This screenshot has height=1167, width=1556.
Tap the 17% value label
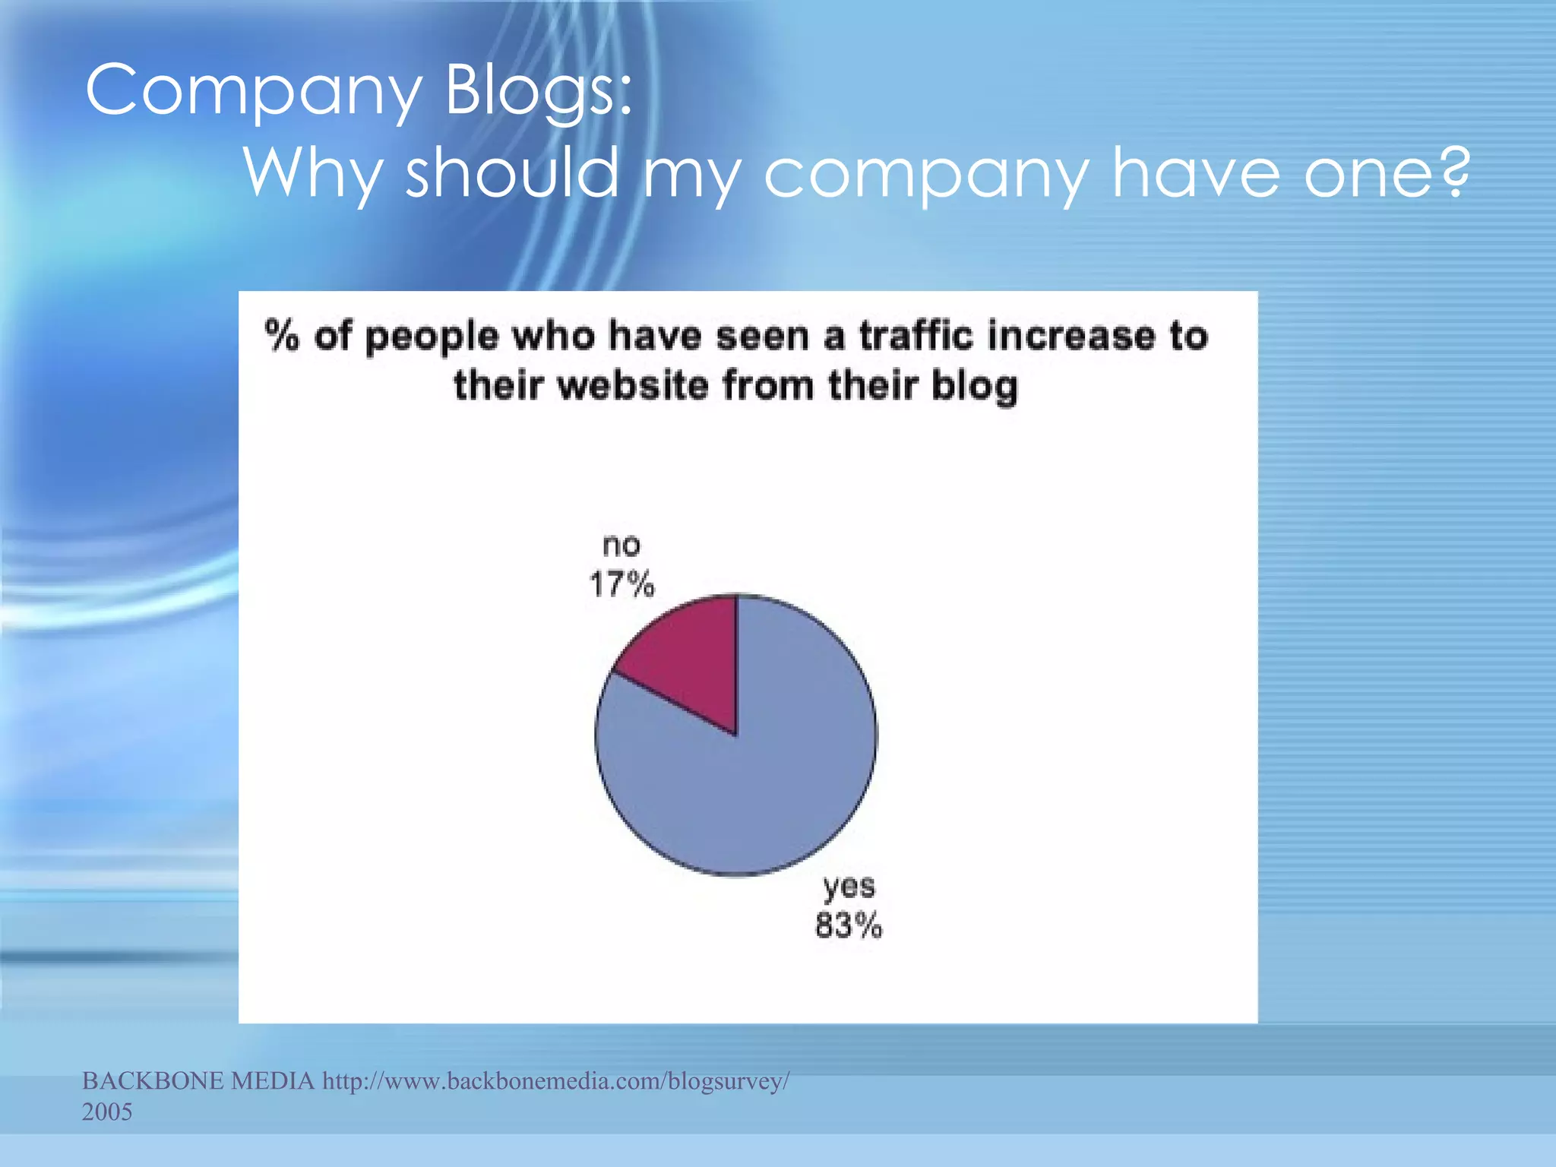click(621, 585)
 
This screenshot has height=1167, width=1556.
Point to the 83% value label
click(849, 926)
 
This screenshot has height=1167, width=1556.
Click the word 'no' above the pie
click(621, 546)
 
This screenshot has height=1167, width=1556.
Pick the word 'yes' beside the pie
click(849, 887)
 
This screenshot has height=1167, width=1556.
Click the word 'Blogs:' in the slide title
click(538, 91)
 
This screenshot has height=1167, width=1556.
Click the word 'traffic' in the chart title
click(916, 336)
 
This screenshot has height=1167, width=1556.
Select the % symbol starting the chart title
click(282, 336)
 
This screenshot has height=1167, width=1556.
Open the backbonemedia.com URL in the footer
click(556, 1080)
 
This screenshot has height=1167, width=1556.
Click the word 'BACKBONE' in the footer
click(153, 1080)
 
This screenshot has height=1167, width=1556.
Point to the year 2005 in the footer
click(107, 1112)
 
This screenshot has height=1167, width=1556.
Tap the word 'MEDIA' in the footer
click(272, 1080)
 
